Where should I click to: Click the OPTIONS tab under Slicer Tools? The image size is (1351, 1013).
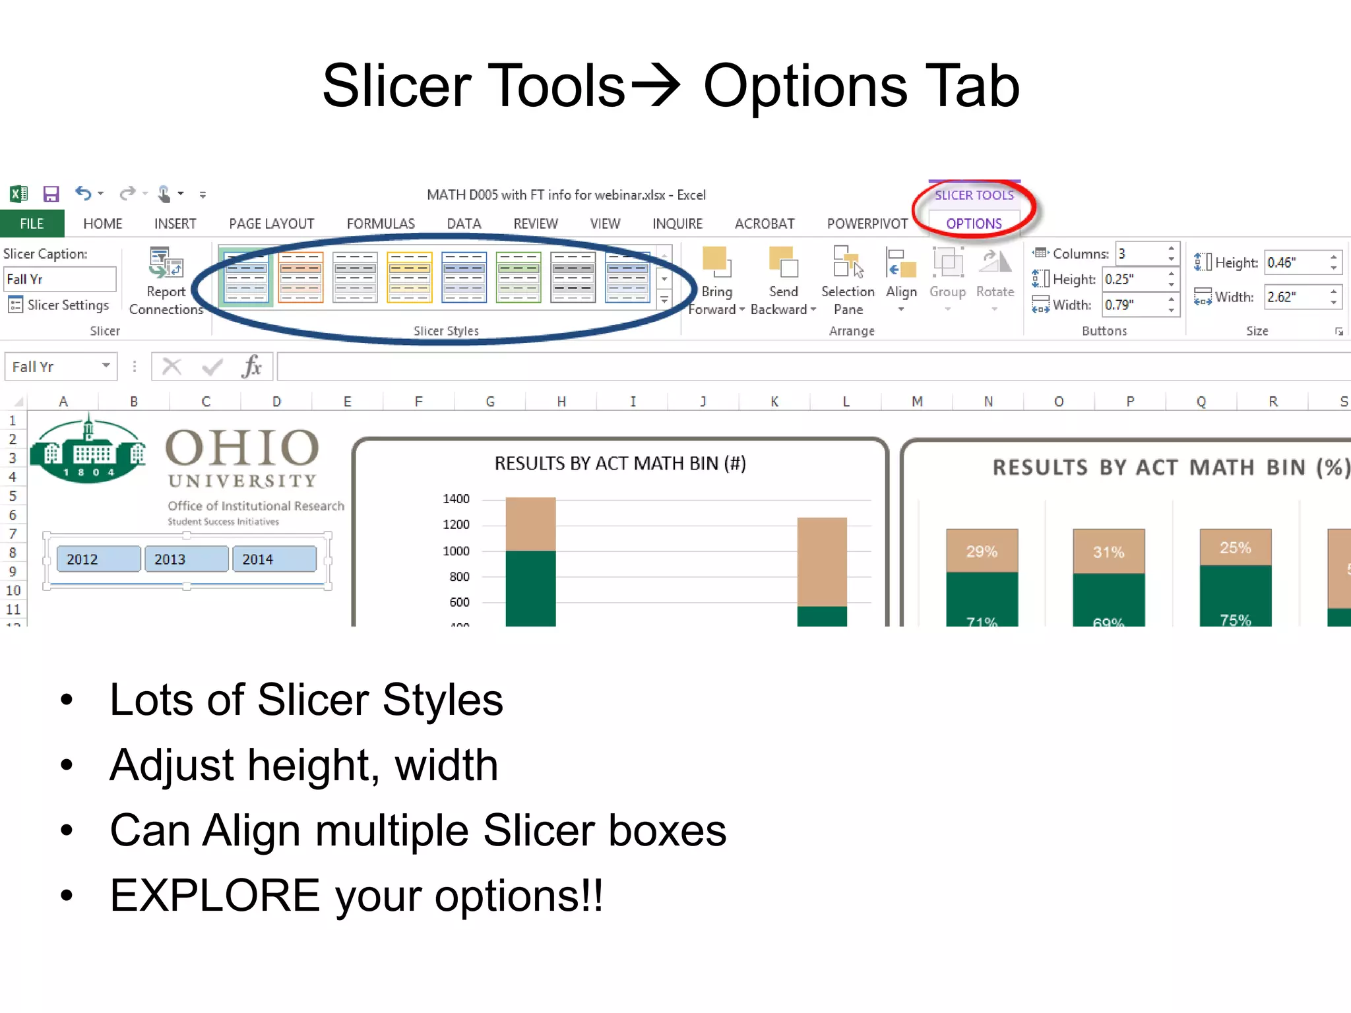pos(974,224)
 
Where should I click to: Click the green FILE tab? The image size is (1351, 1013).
pos(32,224)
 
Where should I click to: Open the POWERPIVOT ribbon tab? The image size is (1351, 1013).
pos(867,224)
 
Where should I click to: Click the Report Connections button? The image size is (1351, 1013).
pos(166,280)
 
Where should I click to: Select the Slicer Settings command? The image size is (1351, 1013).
pos(59,305)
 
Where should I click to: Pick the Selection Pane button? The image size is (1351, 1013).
pos(848,280)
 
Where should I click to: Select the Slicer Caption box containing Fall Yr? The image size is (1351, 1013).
pos(59,279)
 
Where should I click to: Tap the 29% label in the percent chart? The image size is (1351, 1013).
pos(982,551)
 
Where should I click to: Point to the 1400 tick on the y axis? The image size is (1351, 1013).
pos(456,499)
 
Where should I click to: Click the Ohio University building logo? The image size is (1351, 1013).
pos(88,450)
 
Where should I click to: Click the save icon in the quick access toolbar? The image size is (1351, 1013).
pos(51,194)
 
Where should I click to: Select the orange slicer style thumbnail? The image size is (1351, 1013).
pos(301,278)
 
